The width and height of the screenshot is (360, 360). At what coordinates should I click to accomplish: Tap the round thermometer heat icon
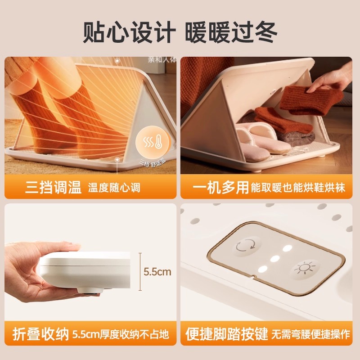(151, 140)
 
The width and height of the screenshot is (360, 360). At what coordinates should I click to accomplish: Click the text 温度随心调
(114, 188)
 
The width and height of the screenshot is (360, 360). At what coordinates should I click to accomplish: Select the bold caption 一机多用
(217, 187)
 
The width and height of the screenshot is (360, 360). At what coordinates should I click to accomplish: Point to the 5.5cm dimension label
(157, 272)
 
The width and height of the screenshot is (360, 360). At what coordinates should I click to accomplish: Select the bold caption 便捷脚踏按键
(227, 334)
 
